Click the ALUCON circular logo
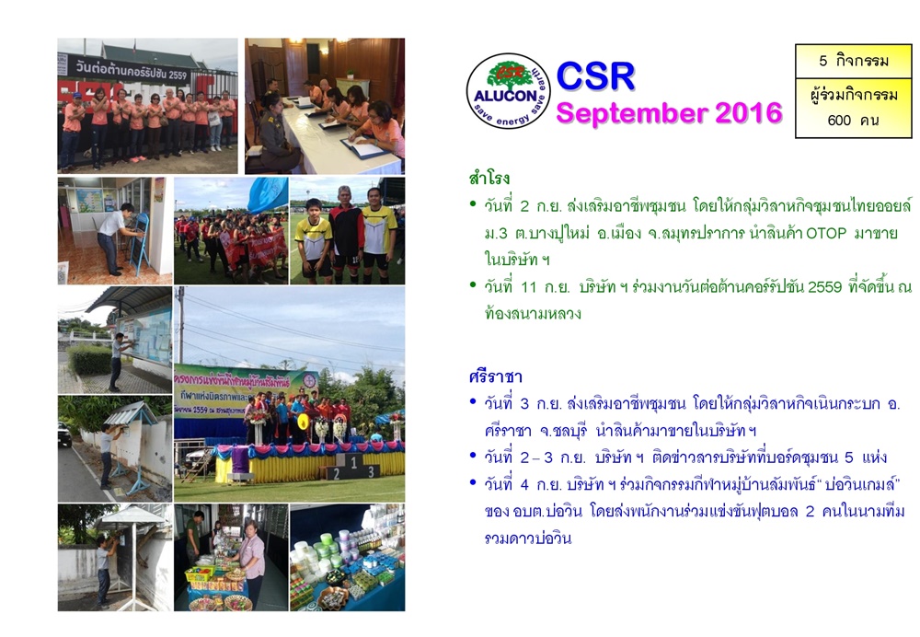[508, 91]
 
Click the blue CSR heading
[595, 76]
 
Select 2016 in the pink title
[749, 112]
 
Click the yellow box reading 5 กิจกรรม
[854, 61]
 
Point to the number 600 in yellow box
[839, 121]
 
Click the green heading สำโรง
[489, 178]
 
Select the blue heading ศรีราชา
[496, 376]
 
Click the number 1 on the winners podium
[354, 462]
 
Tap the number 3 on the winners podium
[371, 471]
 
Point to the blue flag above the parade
[268, 194]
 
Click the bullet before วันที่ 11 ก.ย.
[473, 285]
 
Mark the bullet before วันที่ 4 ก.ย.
[473, 482]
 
